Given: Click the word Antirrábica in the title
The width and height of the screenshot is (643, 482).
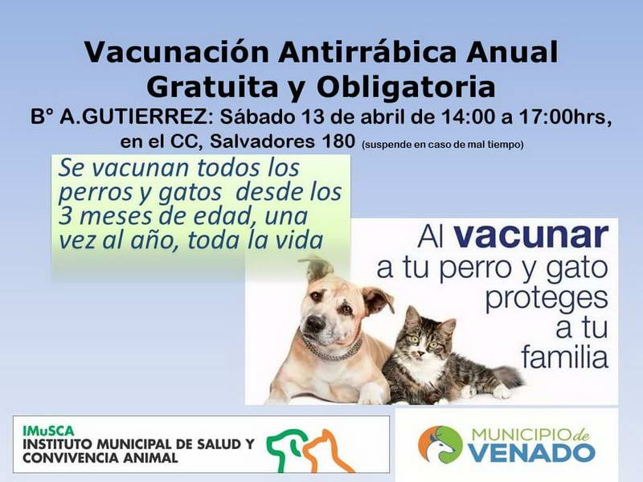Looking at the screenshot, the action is point(367,51).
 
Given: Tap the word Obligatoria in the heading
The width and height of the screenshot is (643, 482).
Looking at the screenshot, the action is point(406,87).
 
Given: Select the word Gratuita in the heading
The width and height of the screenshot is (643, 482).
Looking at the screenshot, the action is point(213,87).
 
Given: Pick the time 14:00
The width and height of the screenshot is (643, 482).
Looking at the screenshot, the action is point(468,117).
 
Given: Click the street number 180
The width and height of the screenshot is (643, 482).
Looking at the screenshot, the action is point(338,141).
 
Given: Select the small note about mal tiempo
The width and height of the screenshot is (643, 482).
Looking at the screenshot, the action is point(443,145).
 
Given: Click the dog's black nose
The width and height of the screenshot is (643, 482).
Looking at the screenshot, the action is point(315,324).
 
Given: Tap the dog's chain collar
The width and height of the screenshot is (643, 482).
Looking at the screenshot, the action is point(331,349).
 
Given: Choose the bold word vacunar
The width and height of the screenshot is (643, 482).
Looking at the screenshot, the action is point(531,236).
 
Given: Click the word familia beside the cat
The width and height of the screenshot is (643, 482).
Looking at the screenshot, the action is point(565,356).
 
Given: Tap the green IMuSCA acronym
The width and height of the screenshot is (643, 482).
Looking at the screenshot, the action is point(48,431).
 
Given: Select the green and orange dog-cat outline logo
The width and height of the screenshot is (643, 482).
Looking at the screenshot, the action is point(309,450).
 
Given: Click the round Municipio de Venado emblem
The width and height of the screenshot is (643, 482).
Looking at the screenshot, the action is point(440,445).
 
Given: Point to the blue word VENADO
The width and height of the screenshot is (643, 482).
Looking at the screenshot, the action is point(532,453).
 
